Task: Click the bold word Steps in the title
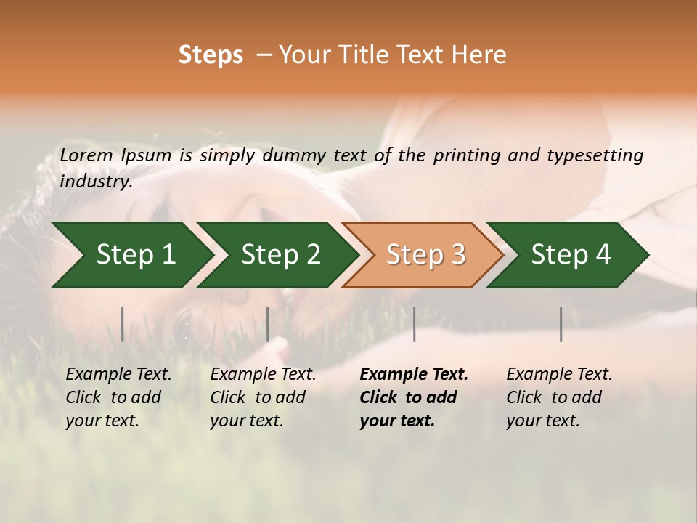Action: pyautogui.click(x=211, y=55)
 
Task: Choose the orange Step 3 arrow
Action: pyautogui.click(x=425, y=254)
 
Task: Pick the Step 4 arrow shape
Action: pyautogui.click(x=571, y=254)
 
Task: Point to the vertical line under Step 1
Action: pyautogui.click(x=123, y=324)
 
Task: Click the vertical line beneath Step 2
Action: pyautogui.click(x=268, y=324)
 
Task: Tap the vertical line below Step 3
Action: pyautogui.click(x=414, y=324)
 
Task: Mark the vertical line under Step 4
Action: pyautogui.click(x=561, y=324)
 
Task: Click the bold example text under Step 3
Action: pyautogui.click(x=413, y=397)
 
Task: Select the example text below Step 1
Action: pyautogui.click(x=118, y=397)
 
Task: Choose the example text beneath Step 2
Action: pyautogui.click(x=263, y=397)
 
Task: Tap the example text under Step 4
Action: pyautogui.click(x=559, y=397)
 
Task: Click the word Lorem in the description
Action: pyautogui.click(x=86, y=155)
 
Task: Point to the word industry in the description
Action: pyautogui.click(x=96, y=182)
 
